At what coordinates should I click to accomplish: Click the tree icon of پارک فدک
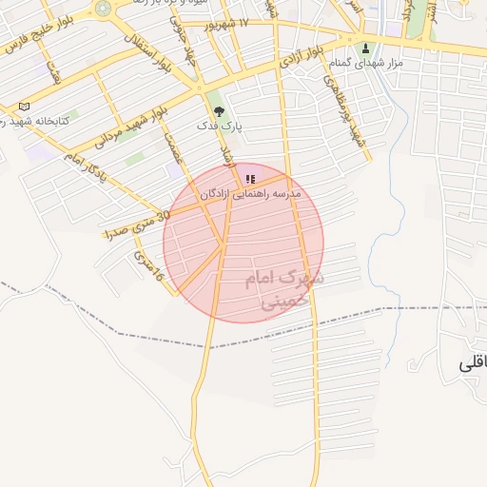(220, 110)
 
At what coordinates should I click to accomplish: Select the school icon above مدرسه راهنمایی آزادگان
(250, 178)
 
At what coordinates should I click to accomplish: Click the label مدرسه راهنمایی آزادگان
(250, 193)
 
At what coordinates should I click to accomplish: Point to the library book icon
(25, 107)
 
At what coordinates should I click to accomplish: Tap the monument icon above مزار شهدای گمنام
(365, 49)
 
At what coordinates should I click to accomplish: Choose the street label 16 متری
(149, 265)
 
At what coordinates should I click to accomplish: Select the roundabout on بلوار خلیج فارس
(103, 9)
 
